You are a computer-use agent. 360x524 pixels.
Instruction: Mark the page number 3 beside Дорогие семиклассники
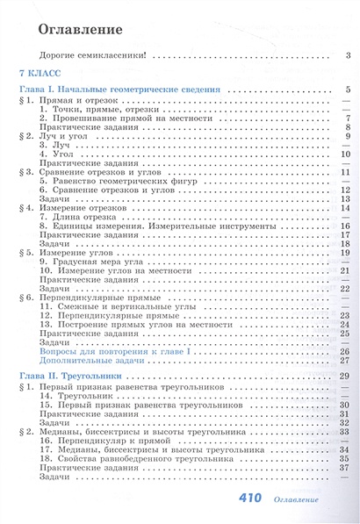point(349,57)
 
